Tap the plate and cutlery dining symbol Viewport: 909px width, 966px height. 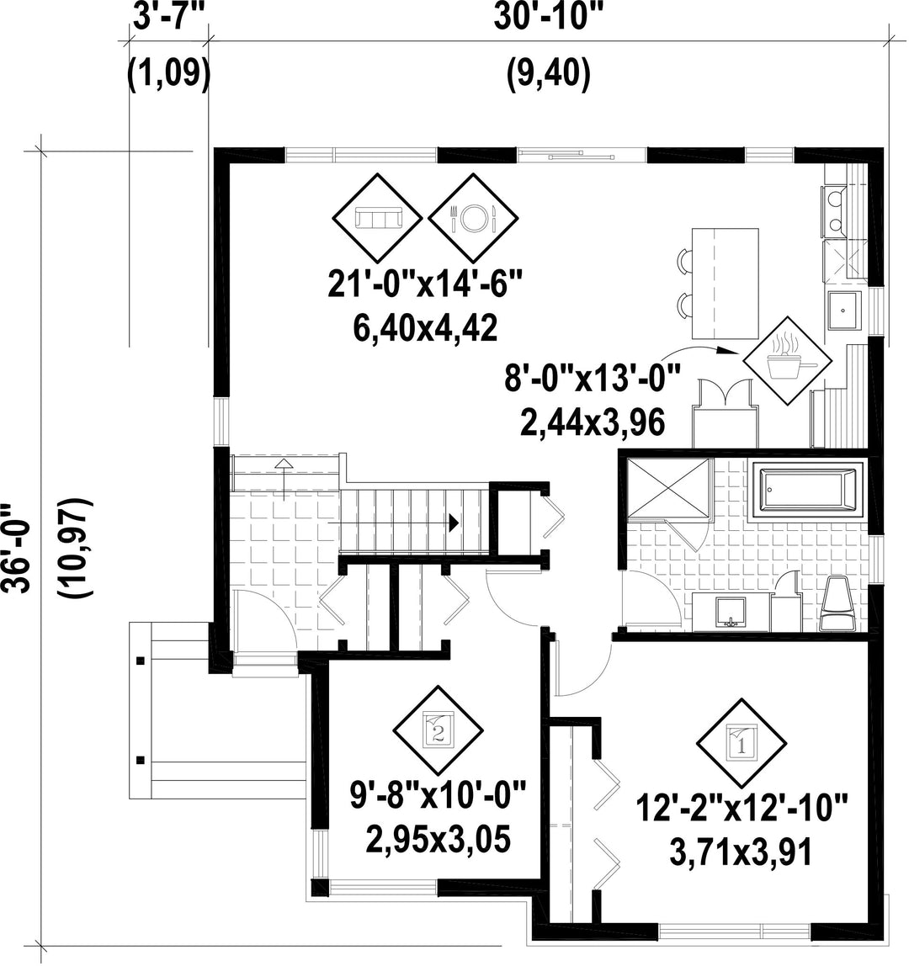(x=473, y=217)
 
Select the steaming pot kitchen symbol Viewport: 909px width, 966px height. (x=787, y=361)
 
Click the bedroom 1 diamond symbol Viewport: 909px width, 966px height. (x=741, y=743)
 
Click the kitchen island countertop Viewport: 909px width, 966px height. (x=725, y=284)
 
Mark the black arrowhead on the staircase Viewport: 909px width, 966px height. (x=454, y=523)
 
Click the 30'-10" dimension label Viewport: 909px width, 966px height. (x=548, y=18)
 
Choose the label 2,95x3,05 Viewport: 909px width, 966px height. (x=439, y=839)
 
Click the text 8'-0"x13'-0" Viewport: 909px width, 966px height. (x=593, y=377)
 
